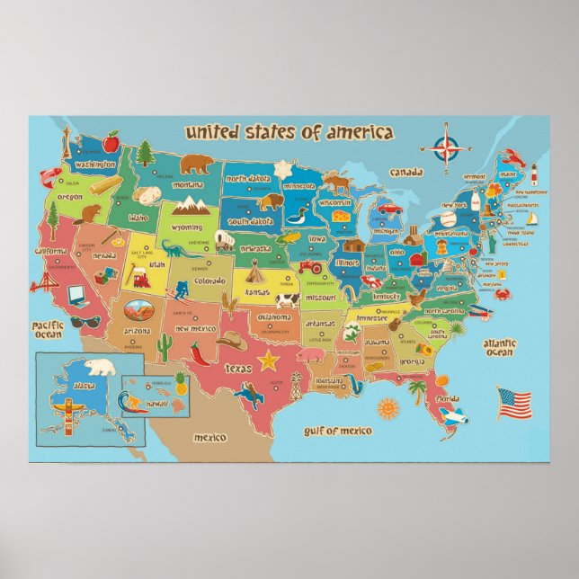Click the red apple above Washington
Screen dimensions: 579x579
point(111,141)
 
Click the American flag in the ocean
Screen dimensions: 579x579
point(514,403)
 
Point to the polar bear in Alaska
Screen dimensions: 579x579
point(102,367)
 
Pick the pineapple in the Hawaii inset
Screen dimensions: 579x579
point(180,384)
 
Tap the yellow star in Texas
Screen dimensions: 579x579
point(267,361)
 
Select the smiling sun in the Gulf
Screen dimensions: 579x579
point(387,407)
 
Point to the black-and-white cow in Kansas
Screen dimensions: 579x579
point(286,300)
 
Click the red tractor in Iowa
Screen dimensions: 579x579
point(310,265)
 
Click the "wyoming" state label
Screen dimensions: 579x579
point(187,227)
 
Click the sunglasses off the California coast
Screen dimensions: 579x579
point(84,321)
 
